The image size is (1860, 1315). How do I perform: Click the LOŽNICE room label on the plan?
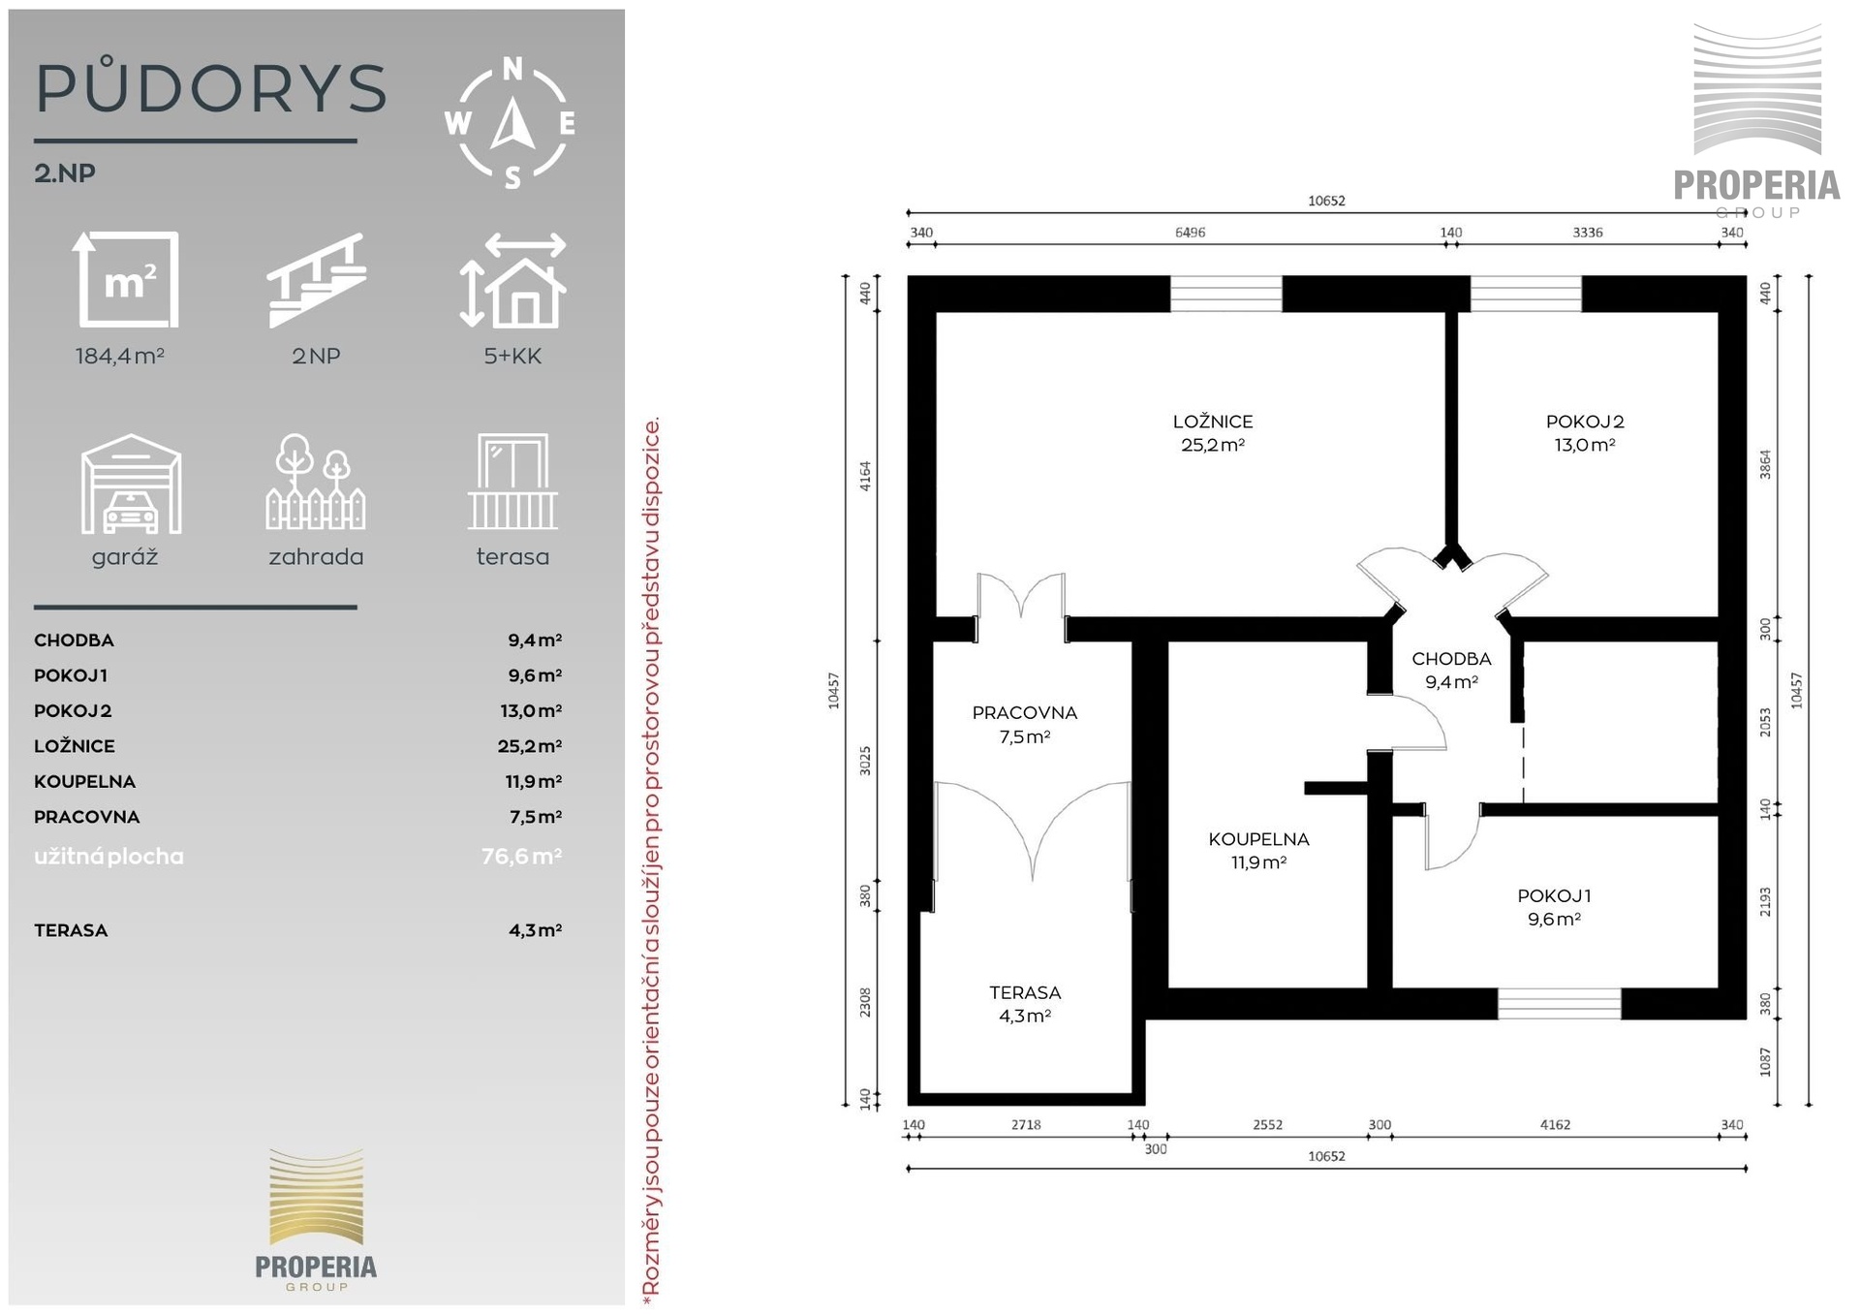[x=1212, y=422]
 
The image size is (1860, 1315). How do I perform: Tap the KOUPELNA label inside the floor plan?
[x=1258, y=839]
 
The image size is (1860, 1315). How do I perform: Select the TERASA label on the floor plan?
[x=1025, y=992]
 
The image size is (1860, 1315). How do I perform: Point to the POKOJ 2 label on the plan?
[x=1585, y=422]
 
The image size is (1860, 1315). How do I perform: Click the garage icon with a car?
[x=131, y=484]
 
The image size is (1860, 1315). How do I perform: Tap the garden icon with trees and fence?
[x=316, y=482]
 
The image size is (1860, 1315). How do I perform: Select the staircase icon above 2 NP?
[x=316, y=280]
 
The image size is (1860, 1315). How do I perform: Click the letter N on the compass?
[x=512, y=69]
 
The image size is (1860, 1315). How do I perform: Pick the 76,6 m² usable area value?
[x=521, y=857]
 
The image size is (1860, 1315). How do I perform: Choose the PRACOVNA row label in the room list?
[x=87, y=817]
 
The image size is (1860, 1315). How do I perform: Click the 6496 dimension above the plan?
[x=1190, y=233]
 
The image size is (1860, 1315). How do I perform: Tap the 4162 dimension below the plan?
[x=1555, y=1125]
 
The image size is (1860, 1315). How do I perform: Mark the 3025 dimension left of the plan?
[x=866, y=761]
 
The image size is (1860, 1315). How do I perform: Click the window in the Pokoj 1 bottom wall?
[x=1559, y=1004]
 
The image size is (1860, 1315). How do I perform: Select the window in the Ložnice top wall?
[x=1226, y=294]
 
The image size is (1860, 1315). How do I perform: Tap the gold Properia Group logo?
[x=316, y=1219]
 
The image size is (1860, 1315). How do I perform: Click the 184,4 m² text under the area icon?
[x=120, y=356]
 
